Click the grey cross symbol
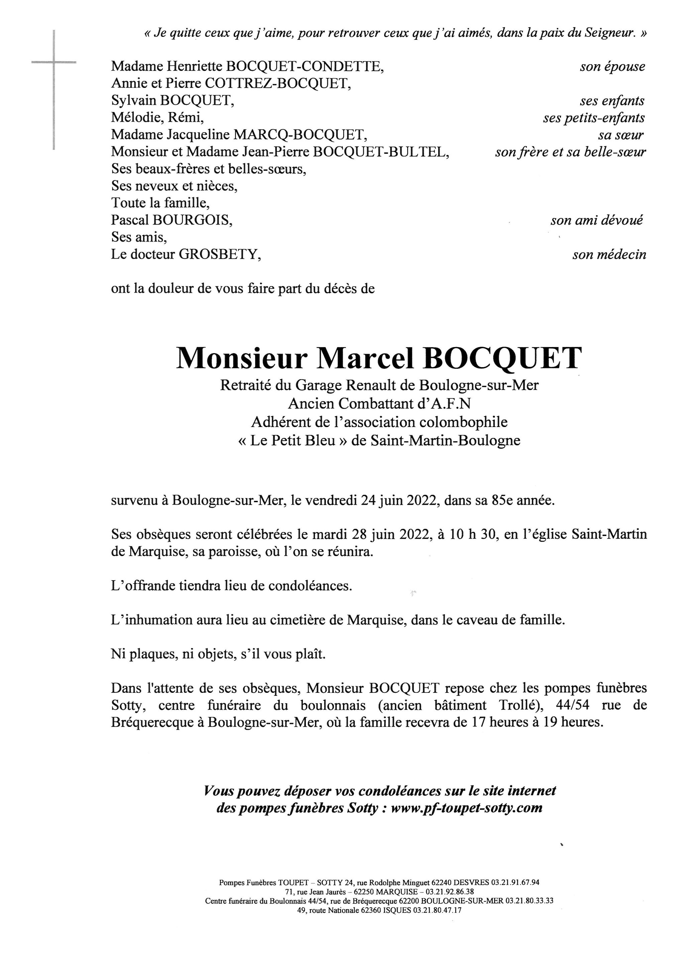point(54,63)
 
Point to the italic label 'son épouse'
point(612,67)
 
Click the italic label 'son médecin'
point(609,254)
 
